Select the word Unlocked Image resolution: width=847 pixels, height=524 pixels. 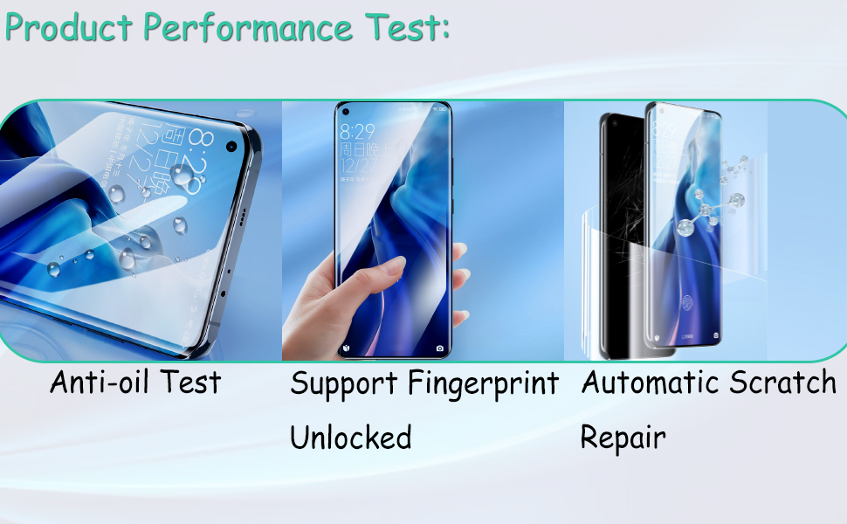pos(350,437)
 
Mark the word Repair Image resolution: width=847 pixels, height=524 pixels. pos(623,437)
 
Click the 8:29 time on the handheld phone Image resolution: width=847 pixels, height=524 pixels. pos(357,133)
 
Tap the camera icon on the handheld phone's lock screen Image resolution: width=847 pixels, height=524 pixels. pos(439,348)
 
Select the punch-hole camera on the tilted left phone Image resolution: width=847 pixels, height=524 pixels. pos(232,146)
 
